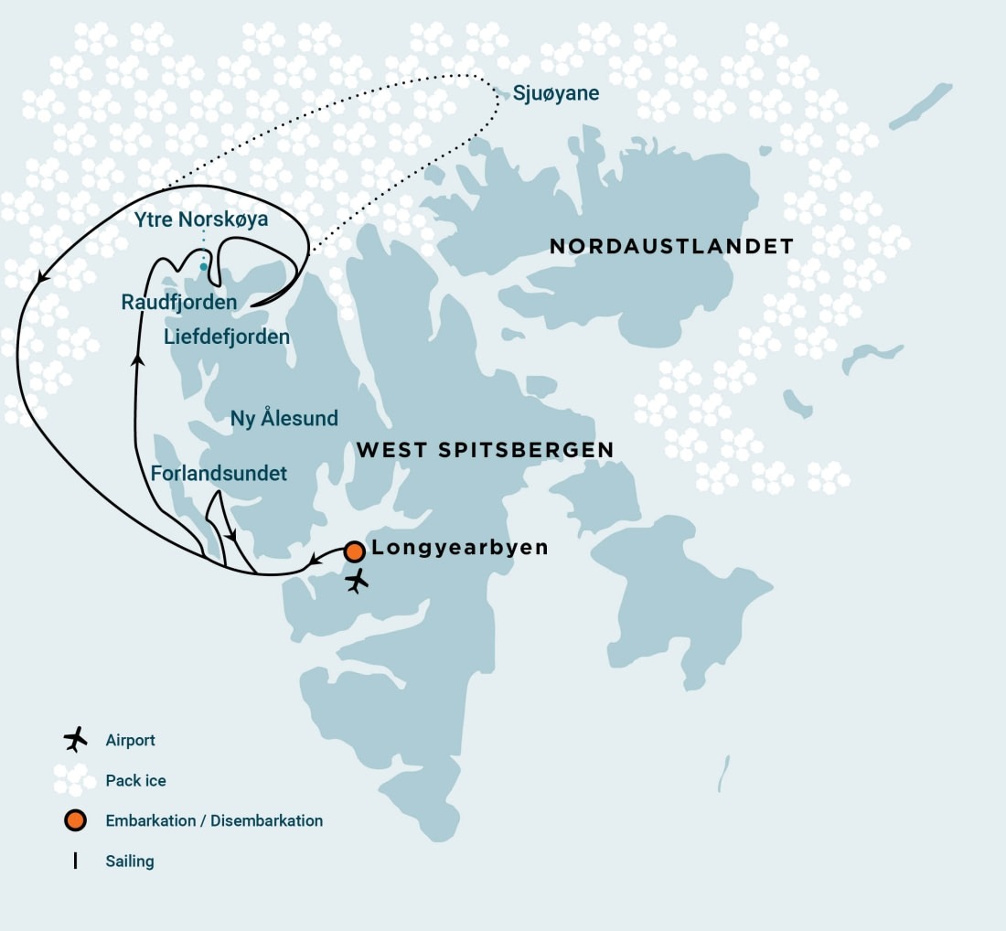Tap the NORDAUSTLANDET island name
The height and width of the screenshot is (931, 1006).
[x=671, y=246]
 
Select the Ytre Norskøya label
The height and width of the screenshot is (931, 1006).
[x=201, y=219]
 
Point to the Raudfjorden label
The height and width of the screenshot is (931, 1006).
[x=179, y=302]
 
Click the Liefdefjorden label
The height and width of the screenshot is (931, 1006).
[x=227, y=337]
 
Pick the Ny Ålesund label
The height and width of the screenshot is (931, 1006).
[x=284, y=419]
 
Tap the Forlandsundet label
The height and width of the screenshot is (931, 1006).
[x=219, y=474]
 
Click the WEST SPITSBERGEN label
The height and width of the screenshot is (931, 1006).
[x=485, y=450]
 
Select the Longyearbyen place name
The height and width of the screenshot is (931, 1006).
[x=460, y=548]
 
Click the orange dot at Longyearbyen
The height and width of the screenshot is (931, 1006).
[x=355, y=551]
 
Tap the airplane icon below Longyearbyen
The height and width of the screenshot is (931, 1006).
[x=357, y=581]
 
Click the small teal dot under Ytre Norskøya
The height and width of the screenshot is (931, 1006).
[x=204, y=266]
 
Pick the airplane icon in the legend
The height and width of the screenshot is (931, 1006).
[x=75, y=739]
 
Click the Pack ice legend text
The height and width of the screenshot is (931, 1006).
[x=136, y=781]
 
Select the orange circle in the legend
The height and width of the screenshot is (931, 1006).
[x=75, y=820]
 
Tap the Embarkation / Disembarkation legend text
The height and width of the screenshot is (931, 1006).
[x=214, y=821]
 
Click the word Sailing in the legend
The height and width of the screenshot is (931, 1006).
[x=130, y=861]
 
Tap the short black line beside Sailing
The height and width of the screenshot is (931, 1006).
[x=75, y=861]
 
